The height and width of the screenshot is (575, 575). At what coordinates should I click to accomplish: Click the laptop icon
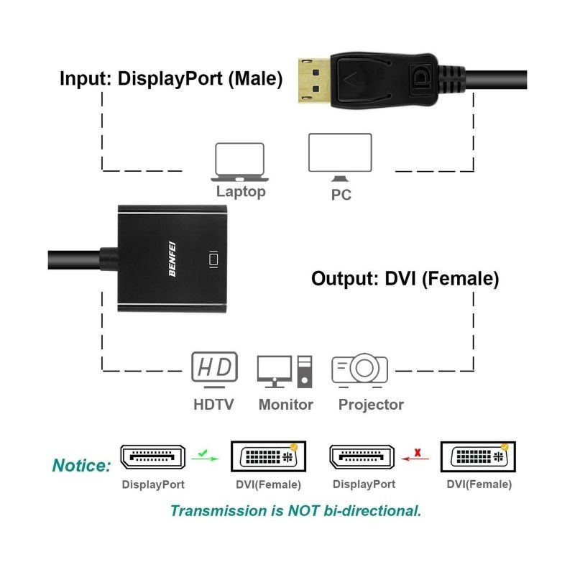pos(239,162)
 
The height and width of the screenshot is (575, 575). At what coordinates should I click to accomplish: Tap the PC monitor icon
pos(340,156)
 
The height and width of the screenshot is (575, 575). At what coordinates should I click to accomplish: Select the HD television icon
pos(214,368)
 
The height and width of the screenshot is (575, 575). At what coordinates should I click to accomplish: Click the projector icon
pos(359,369)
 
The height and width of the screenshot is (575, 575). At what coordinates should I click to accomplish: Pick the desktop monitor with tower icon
pos(285,371)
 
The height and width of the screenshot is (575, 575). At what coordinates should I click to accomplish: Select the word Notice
pos(81,466)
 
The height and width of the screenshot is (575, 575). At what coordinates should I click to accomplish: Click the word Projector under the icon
pos(371,405)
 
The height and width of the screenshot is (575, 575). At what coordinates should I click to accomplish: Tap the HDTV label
pos(213,405)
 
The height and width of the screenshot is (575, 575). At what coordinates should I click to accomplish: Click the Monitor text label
pos(285,405)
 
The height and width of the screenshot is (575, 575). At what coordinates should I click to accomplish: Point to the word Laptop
pos(241,192)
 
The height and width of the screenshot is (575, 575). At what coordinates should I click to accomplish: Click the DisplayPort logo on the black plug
pos(420,76)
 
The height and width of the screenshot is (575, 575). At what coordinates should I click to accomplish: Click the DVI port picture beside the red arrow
pos(477,457)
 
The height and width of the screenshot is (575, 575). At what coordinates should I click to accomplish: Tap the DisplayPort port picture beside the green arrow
pos(152,457)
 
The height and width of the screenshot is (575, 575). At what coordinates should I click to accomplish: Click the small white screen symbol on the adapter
pos(212,258)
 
